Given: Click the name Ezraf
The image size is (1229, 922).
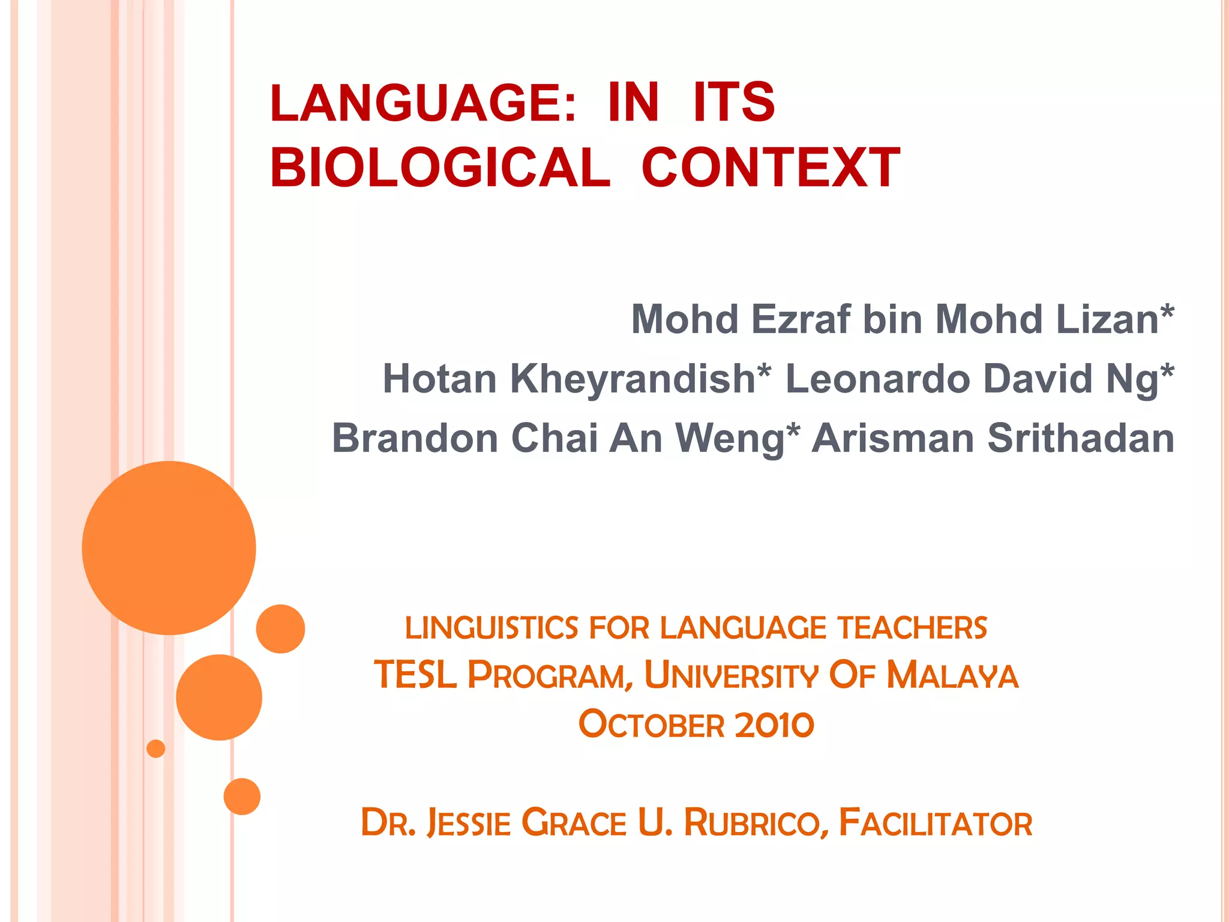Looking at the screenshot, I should click(x=801, y=319).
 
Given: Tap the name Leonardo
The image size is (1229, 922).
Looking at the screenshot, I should click(x=877, y=379).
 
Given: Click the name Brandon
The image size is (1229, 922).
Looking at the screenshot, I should click(x=415, y=438).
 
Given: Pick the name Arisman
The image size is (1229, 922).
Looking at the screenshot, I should click(x=892, y=438).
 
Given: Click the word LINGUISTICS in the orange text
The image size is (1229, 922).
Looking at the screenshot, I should click(x=491, y=628).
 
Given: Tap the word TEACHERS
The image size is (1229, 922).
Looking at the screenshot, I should click(x=912, y=628).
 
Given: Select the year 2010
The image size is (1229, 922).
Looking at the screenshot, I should click(x=774, y=725).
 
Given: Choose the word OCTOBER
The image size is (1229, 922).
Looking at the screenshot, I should click(x=651, y=725).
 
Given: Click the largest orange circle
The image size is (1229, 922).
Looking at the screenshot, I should click(x=169, y=547).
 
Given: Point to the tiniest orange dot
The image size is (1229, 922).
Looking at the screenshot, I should click(x=156, y=749).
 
